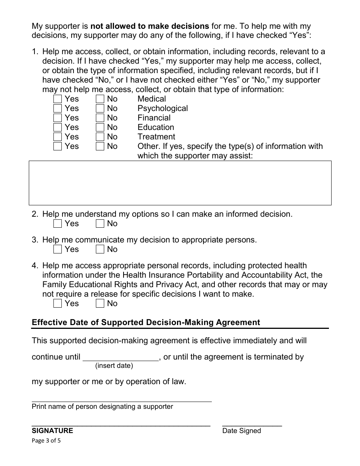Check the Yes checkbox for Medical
coord(58,99)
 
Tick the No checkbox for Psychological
coord(100,108)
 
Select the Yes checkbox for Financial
coord(58,118)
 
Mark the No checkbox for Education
coord(100,127)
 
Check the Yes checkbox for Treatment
coord(58,137)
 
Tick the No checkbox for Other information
coord(100,146)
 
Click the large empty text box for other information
coord(180,183)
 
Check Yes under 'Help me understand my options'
coord(58,224)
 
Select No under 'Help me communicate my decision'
coord(100,249)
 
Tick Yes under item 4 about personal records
coord(58,303)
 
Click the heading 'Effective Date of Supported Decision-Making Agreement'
coord(146,322)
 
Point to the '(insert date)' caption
coord(114,366)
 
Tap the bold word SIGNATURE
coord(52,430)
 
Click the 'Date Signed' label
coord(241,430)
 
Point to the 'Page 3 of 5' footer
coord(46,441)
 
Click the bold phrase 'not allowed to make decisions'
coord(150,26)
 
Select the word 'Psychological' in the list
coord(163,108)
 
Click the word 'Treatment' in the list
coord(156,137)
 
